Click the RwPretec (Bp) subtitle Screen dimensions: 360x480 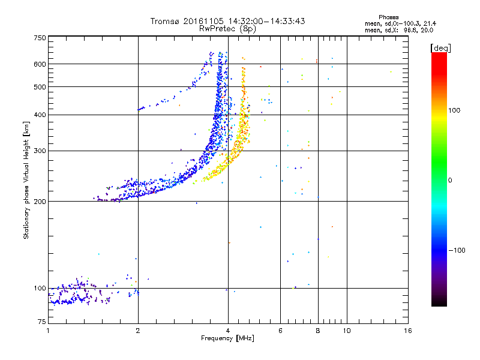[x=228, y=28]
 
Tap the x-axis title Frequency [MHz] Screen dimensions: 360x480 [x=227, y=339]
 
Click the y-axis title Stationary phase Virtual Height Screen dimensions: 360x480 [x=26, y=181]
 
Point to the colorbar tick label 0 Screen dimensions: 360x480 [x=451, y=180]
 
